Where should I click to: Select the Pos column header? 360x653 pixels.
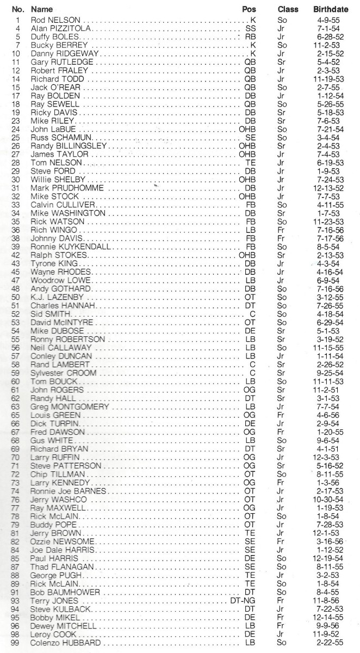pyautogui.click(x=249, y=10)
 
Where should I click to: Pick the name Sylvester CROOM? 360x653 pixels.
pyautogui.click(x=64, y=372)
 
